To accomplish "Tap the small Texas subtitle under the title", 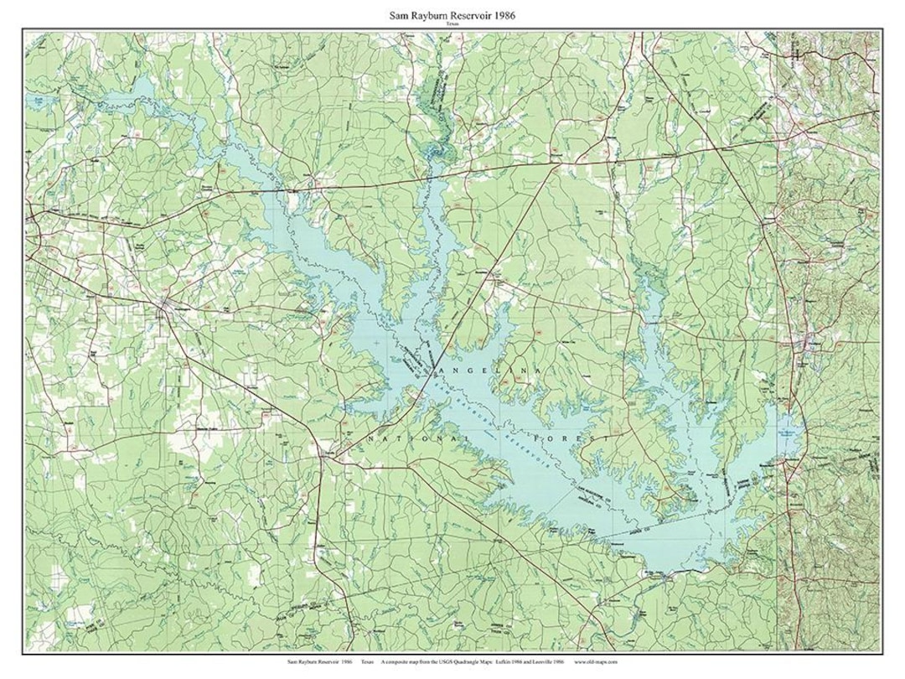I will coord(452,25).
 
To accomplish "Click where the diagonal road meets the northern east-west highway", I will coord(555,164).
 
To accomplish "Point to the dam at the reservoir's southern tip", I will coord(666,577).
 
